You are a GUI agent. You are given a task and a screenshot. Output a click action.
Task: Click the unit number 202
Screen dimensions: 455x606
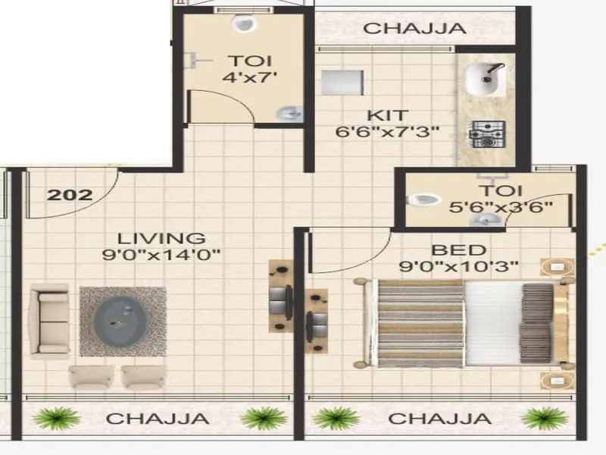coord(70,194)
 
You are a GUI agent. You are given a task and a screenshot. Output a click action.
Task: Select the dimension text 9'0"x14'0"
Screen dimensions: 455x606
coord(161,256)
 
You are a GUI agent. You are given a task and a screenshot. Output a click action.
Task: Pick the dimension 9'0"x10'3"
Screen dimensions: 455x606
coord(459,266)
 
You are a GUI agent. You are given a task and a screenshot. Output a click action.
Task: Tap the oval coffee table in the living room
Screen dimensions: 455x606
coord(122,318)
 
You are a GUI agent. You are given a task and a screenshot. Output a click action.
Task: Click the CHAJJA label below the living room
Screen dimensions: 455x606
coord(158,418)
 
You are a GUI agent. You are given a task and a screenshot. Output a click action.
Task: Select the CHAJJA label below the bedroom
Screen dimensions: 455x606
coord(439,418)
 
